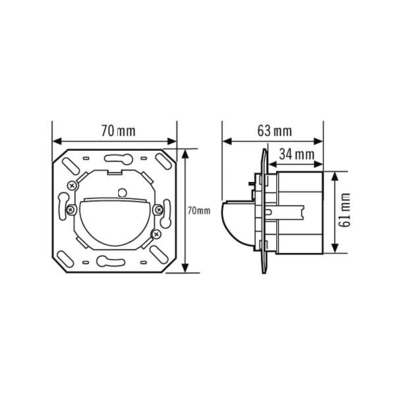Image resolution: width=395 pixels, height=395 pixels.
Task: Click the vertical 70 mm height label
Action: pos(197,211)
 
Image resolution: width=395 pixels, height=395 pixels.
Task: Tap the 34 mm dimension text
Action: pos(295,154)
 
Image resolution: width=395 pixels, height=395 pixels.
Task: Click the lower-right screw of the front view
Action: pos(157,236)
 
